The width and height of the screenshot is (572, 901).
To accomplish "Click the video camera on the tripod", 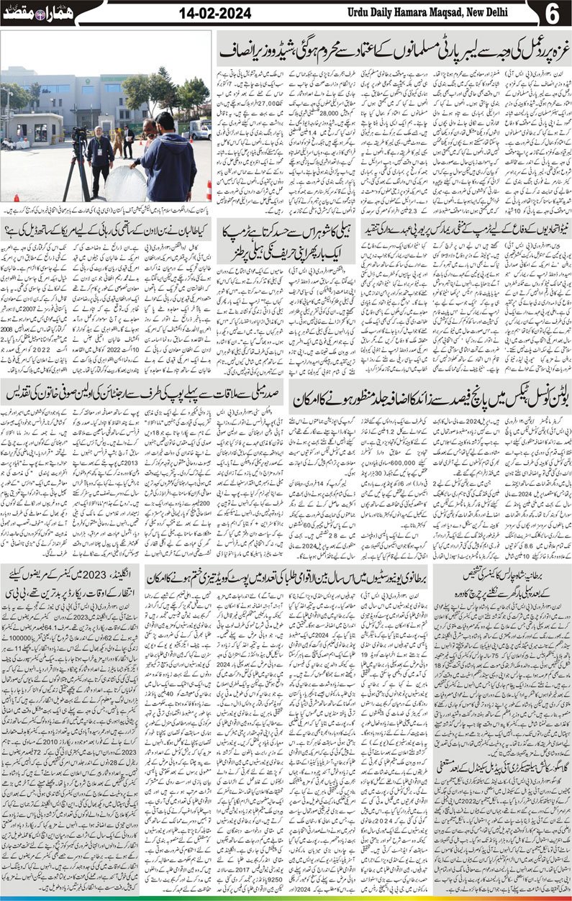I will click(80, 134).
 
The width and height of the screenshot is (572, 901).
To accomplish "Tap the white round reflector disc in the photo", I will click(125, 183).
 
